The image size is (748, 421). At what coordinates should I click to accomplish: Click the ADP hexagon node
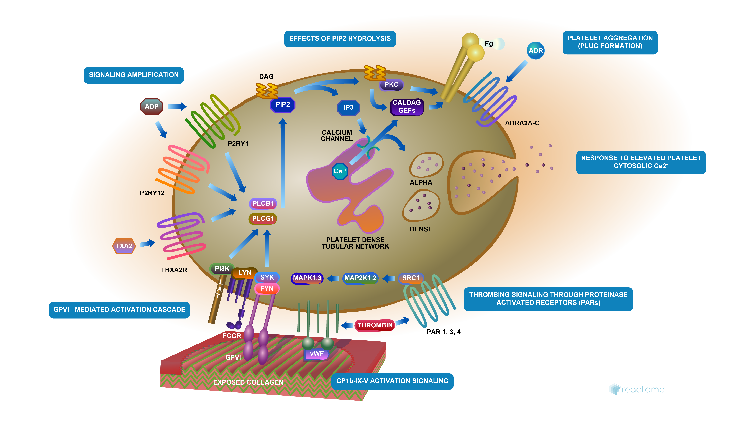point(152,106)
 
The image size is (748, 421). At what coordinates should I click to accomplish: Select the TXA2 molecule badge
point(124,246)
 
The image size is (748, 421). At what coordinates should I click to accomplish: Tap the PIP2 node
point(283,105)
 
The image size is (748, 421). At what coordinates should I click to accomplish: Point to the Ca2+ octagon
point(340,171)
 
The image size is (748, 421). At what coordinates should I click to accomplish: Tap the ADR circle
point(536,51)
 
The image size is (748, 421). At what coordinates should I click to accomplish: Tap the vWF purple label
point(316,354)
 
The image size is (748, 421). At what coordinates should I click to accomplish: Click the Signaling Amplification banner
point(134,75)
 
